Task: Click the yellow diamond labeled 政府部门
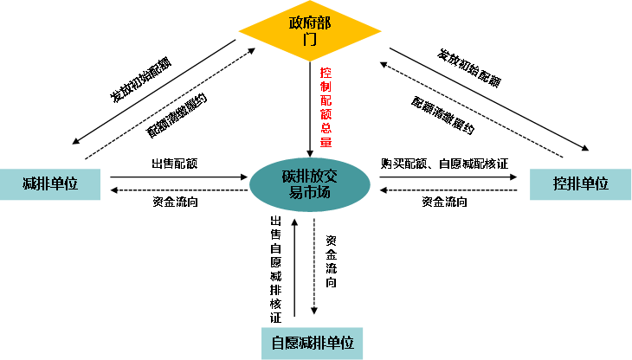310,31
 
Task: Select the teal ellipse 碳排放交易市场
310,184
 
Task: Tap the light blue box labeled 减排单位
50,184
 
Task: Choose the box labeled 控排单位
581,184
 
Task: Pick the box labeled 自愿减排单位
313,343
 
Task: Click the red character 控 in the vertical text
326,73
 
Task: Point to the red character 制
326,87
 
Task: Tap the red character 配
326,100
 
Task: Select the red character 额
326,114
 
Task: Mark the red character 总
326,128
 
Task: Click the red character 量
326,142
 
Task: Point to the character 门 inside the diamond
310,40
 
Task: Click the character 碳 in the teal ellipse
289,177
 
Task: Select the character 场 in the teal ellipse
324,193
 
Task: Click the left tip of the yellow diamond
240,31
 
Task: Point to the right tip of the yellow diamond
380,31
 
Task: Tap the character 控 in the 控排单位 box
560,184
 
